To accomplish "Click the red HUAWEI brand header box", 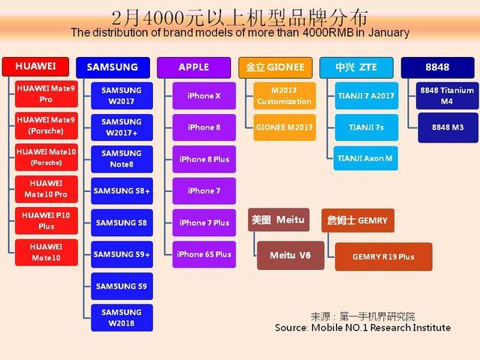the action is click(x=35, y=67).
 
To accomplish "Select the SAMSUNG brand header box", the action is click(x=112, y=67).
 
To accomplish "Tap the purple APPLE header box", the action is click(x=193, y=67).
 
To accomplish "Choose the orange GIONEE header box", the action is click(x=275, y=67).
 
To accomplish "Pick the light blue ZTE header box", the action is click(x=356, y=67).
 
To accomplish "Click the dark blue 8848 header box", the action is click(x=438, y=67).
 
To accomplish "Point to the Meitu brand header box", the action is click(x=278, y=220).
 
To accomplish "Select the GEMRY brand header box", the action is click(x=358, y=220).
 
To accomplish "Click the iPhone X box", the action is click(x=204, y=96).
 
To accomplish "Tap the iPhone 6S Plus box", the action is click(x=204, y=254).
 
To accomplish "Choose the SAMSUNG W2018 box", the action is click(x=121, y=318).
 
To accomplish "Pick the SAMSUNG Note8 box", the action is click(x=121, y=159).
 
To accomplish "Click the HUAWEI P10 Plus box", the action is click(x=46, y=220).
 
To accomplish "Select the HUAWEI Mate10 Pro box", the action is click(x=46, y=189).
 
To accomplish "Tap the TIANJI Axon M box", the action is click(x=365, y=158).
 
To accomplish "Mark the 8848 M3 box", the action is click(x=448, y=127).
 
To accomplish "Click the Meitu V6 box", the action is click(x=290, y=255).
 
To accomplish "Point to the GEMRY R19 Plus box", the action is click(x=383, y=256).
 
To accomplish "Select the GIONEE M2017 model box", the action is click(x=284, y=127).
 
